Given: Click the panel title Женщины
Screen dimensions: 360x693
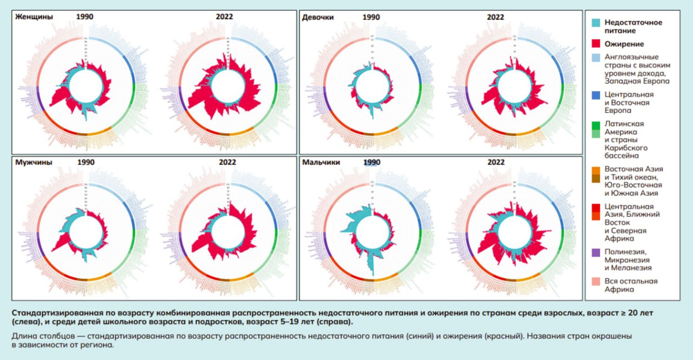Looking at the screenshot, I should (34, 17).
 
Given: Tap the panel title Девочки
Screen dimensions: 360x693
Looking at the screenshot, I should (318, 17).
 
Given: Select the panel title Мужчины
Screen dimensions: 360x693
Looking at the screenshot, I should (34, 162).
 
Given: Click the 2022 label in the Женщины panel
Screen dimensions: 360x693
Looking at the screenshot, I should (224, 17).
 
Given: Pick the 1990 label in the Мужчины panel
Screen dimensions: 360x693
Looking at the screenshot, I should (85, 162).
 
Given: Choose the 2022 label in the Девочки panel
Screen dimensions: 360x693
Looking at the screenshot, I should (495, 17).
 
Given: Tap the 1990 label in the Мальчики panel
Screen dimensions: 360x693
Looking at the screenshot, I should (371, 162).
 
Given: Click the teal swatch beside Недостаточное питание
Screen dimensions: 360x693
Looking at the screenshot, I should (596, 23).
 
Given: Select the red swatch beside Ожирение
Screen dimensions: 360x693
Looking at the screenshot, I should (596, 44).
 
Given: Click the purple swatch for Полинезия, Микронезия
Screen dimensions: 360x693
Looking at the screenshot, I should (596, 252).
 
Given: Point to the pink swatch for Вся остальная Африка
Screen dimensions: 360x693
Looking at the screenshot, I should (596, 282).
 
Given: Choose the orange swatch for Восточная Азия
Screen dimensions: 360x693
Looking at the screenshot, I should (596, 169).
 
